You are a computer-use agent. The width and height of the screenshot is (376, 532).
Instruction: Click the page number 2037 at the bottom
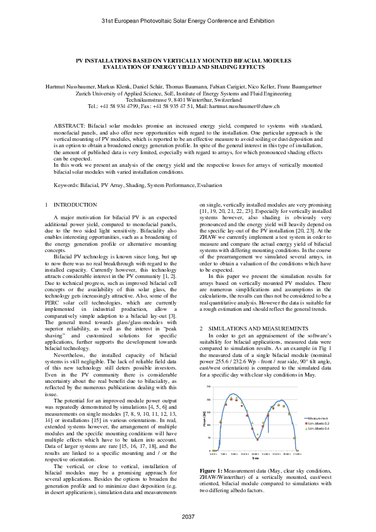[188, 517]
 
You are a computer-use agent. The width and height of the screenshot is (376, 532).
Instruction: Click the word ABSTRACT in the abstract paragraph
[67, 126]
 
